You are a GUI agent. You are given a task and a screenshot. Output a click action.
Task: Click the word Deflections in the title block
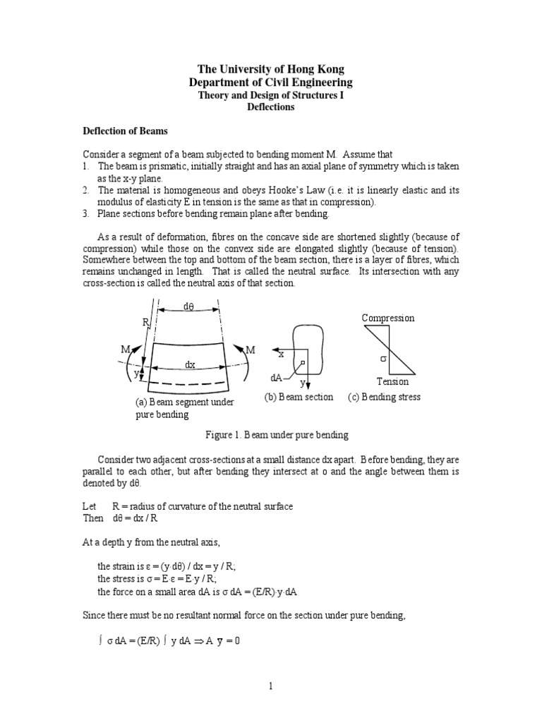270,108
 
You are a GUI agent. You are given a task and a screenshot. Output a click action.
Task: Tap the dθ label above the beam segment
188,307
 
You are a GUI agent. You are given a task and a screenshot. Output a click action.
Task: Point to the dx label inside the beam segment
190,365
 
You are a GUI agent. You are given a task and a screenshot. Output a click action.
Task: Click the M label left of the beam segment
125,350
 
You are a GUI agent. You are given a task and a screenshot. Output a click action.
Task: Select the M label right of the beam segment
250,350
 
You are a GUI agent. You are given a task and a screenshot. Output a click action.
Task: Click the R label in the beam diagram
146,322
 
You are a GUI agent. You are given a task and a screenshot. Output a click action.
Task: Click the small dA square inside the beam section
301,364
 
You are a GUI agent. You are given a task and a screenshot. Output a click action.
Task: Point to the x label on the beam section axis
281,354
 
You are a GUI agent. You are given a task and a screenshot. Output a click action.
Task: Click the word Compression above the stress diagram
388,318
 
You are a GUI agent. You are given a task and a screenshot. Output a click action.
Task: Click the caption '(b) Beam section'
299,397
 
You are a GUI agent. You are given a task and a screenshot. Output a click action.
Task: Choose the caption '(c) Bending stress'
384,397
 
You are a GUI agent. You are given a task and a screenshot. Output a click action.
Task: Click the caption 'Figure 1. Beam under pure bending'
272,434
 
